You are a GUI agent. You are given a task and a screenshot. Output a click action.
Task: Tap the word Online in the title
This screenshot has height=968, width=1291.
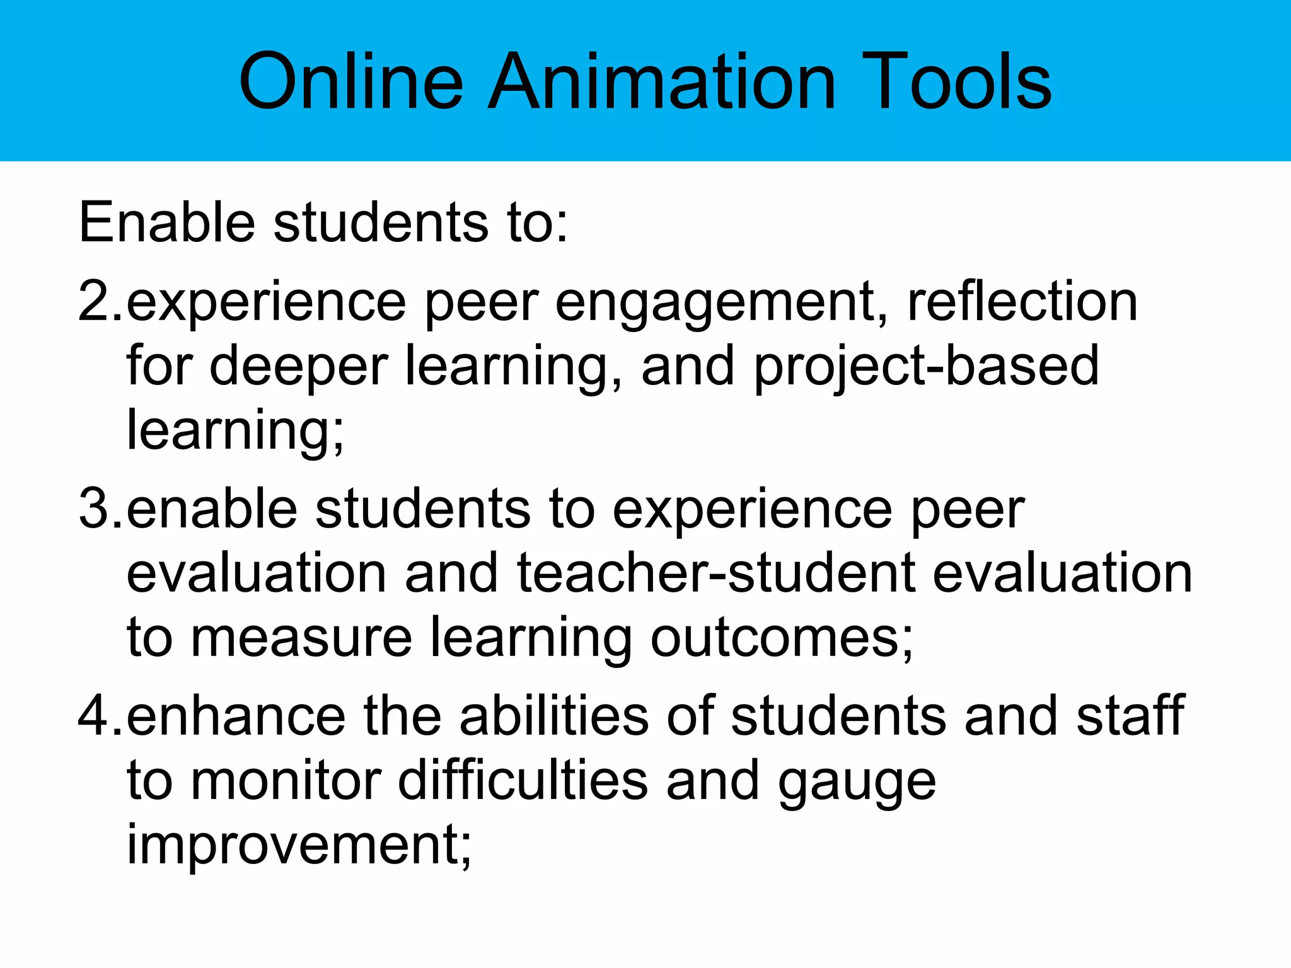351,81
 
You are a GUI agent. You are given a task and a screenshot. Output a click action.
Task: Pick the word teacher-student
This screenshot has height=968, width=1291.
715,573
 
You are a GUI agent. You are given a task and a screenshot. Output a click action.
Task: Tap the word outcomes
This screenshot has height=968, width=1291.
782,638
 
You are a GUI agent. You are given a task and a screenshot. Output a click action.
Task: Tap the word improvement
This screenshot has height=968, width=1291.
299,846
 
